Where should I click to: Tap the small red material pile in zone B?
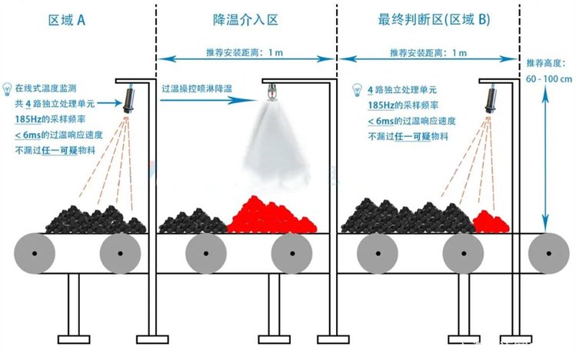[490, 222]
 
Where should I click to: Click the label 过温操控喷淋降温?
[197, 89]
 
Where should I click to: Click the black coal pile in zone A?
[96, 220]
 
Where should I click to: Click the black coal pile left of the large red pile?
[192, 221]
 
